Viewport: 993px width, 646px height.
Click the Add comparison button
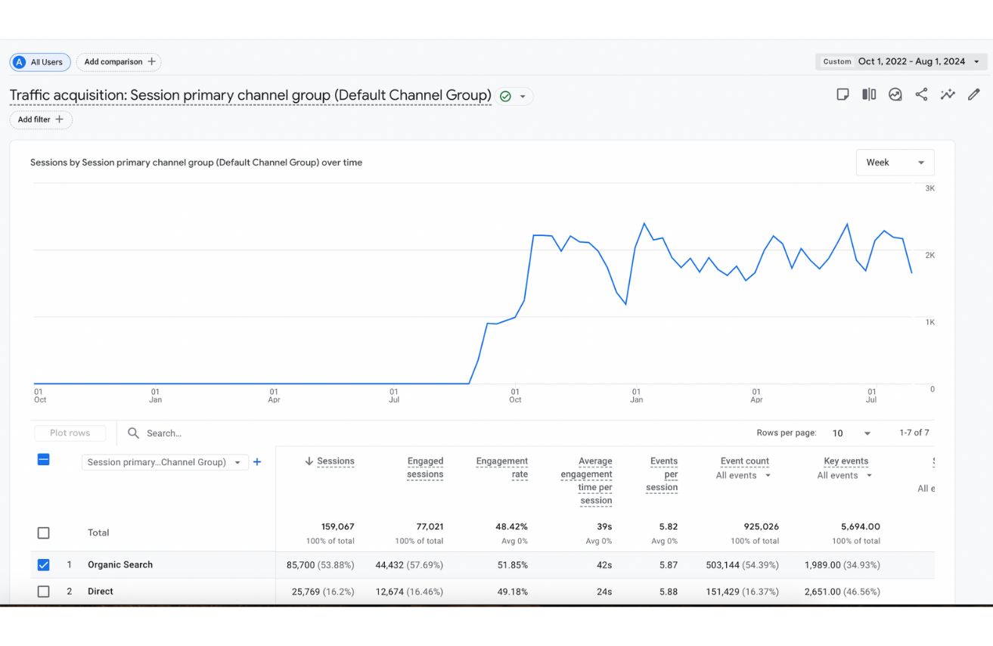pos(119,62)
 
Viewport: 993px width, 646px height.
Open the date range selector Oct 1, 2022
pos(901,62)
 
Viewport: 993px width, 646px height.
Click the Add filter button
pos(41,120)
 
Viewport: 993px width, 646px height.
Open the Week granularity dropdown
pos(895,163)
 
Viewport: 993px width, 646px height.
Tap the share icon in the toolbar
pos(921,95)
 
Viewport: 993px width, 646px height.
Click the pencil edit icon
pos(974,95)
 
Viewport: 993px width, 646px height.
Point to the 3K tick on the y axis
pos(930,188)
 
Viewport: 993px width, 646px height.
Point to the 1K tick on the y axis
pos(930,322)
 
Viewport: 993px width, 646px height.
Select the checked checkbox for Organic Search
pos(44,565)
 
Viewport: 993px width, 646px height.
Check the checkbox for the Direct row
pos(44,592)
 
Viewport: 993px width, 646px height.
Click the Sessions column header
pos(335,461)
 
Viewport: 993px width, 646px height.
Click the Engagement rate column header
pos(501,467)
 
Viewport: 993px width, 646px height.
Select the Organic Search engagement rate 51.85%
pos(512,565)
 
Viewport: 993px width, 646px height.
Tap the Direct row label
pos(100,592)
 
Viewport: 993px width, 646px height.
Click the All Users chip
pos(40,62)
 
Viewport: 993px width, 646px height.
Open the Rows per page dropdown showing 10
pos(851,433)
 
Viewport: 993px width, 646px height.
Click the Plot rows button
pos(70,433)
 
